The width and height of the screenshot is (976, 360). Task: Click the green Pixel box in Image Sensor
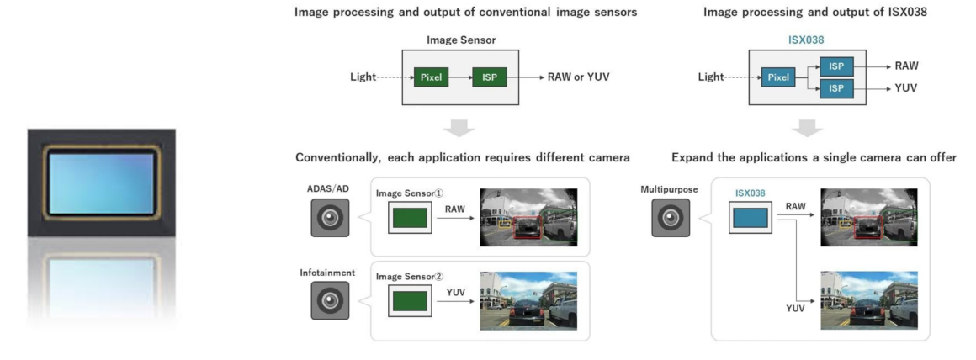click(x=431, y=77)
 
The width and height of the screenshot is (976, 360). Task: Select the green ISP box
click(x=490, y=77)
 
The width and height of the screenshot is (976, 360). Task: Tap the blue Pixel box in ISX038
click(x=779, y=77)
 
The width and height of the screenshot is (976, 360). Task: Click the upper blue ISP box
click(x=837, y=66)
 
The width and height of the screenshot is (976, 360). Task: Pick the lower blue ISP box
click(x=837, y=88)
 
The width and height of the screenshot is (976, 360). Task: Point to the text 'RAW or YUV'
click(x=578, y=77)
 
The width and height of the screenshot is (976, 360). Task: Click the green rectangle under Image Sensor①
click(x=410, y=219)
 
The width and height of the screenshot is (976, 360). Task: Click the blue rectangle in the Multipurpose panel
click(x=751, y=219)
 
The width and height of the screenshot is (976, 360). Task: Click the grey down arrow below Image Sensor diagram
click(x=459, y=129)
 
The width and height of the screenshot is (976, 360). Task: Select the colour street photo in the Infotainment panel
click(x=528, y=300)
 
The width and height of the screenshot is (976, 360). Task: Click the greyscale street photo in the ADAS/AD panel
click(x=528, y=216)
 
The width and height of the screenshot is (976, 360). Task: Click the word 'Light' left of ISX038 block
click(x=711, y=77)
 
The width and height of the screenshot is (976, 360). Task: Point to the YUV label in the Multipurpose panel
click(x=796, y=308)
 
